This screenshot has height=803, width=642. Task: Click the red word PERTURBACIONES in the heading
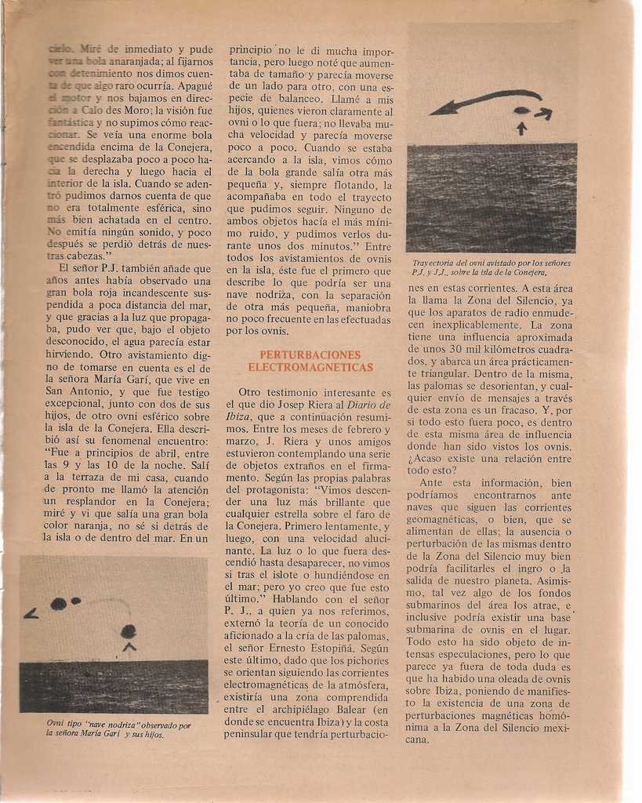point(310,354)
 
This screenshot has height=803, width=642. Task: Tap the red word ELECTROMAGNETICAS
point(310,367)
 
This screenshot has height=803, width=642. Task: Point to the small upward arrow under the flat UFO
point(521,128)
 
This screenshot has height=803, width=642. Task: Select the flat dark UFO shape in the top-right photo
point(521,111)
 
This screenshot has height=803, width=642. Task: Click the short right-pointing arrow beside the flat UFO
point(543,114)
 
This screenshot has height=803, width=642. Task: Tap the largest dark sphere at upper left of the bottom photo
point(58,604)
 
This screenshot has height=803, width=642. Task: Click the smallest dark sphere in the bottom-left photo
point(76,601)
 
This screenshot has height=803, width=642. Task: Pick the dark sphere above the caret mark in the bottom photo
point(129,631)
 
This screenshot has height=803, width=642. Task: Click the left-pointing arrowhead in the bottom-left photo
point(31,614)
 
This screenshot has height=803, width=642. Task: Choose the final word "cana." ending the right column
point(418,739)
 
